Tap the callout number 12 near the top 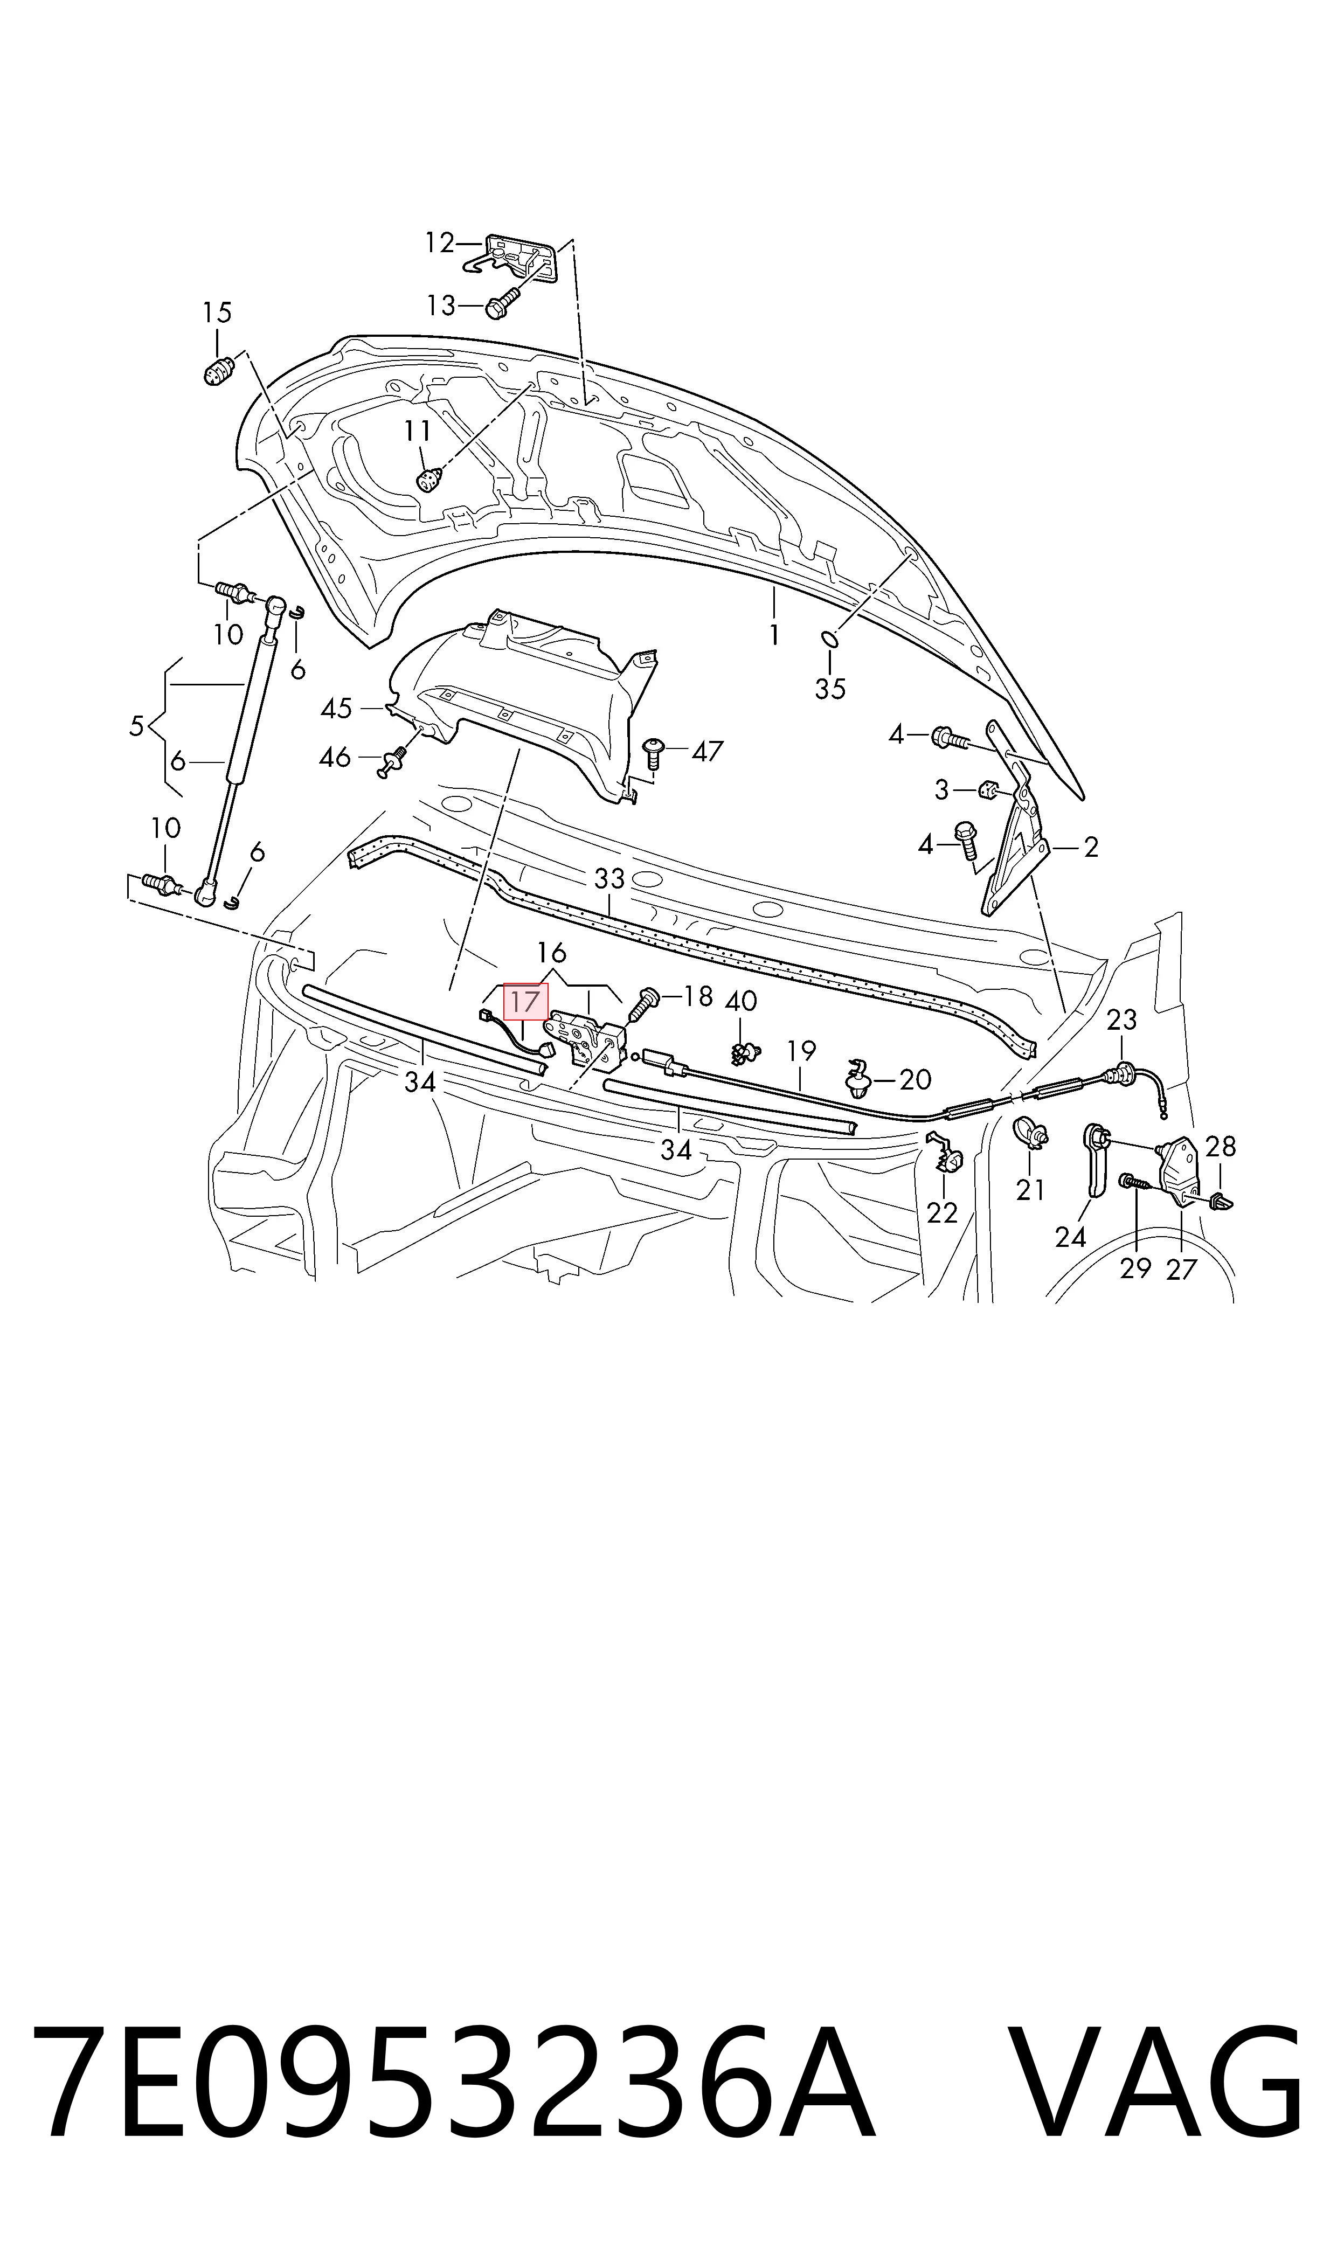[440, 242]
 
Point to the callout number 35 [830, 689]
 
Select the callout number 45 [336, 709]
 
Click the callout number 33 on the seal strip [609, 878]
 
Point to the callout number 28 [1221, 1147]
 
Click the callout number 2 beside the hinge [1091, 847]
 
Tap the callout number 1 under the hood [774, 636]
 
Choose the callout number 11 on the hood [417, 432]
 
